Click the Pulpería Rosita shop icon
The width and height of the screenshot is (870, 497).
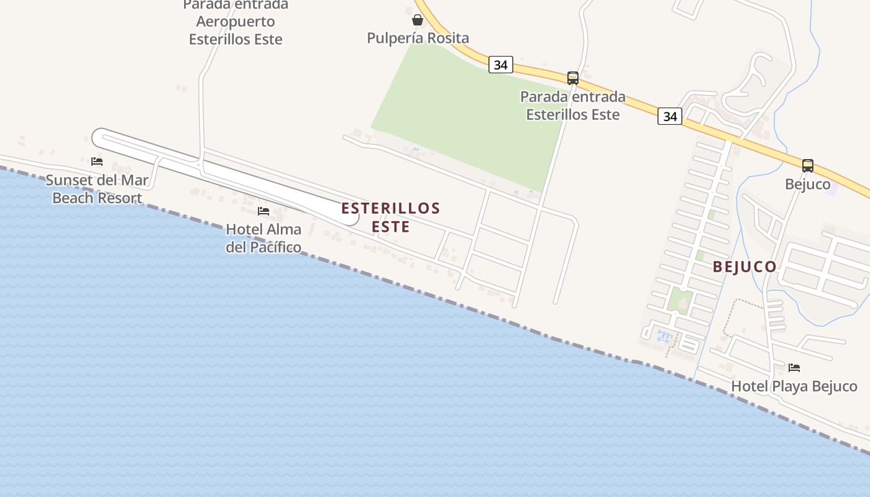coord(418,20)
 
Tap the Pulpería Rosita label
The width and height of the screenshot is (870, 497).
coord(418,38)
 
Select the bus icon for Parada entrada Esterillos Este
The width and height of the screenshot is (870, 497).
coord(572,78)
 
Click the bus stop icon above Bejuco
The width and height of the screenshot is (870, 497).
coord(807,166)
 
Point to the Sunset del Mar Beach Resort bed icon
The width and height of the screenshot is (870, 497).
coord(96,162)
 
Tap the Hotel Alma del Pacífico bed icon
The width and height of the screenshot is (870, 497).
coord(263,211)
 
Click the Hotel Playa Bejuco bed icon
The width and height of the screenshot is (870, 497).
coord(794,368)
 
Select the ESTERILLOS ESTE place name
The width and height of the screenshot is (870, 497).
coord(390,217)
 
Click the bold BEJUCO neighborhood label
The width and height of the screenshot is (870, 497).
coord(744,267)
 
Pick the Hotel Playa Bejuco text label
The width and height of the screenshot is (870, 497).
coord(794,386)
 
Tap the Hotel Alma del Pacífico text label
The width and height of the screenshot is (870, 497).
coord(263,238)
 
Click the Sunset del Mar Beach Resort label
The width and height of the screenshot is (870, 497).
coord(97,189)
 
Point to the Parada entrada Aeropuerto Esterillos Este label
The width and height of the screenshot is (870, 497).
coord(236,22)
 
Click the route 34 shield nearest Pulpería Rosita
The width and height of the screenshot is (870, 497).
coord(500,65)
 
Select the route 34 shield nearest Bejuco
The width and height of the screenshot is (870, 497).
coord(670,116)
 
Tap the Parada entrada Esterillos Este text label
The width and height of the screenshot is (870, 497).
coord(572,106)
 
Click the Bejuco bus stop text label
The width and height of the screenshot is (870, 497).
coord(807,185)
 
